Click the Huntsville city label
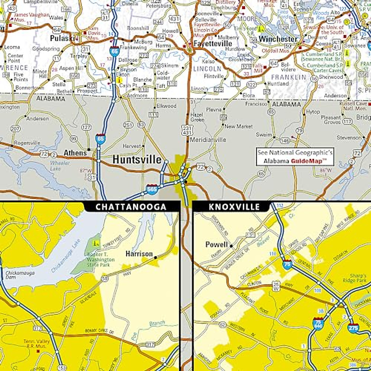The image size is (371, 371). point(137,160)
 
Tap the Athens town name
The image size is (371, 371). point(75,153)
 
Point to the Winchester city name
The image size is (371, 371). point(278,39)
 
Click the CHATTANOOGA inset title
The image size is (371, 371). point(131,207)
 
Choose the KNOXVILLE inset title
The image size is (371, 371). point(230,207)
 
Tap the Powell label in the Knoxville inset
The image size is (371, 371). point(216,245)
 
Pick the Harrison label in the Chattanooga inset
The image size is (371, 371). point(139,254)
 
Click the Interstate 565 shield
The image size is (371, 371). point(152,189)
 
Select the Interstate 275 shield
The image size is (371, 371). point(353,327)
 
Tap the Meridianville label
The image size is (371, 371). point(208,140)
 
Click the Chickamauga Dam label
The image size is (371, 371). point(20,275)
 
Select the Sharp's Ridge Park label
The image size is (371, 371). point(359,278)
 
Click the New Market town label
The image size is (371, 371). point(238,126)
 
